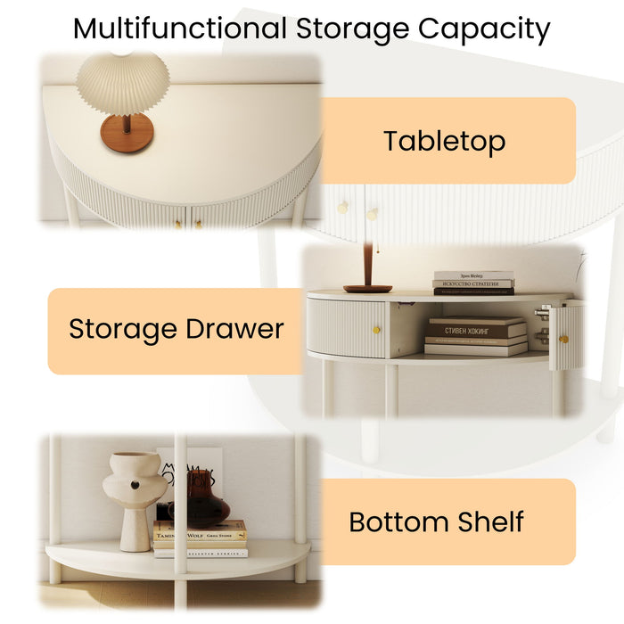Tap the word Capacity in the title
[x=484, y=29]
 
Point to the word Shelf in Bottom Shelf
[x=488, y=521]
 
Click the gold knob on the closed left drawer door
[x=376, y=331]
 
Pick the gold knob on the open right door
[x=562, y=338]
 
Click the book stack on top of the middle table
[x=473, y=283]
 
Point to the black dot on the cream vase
[x=134, y=485]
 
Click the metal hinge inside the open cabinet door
[x=541, y=333]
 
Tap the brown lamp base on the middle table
[x=367, y=288]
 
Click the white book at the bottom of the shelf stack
[x=200, y=553]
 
